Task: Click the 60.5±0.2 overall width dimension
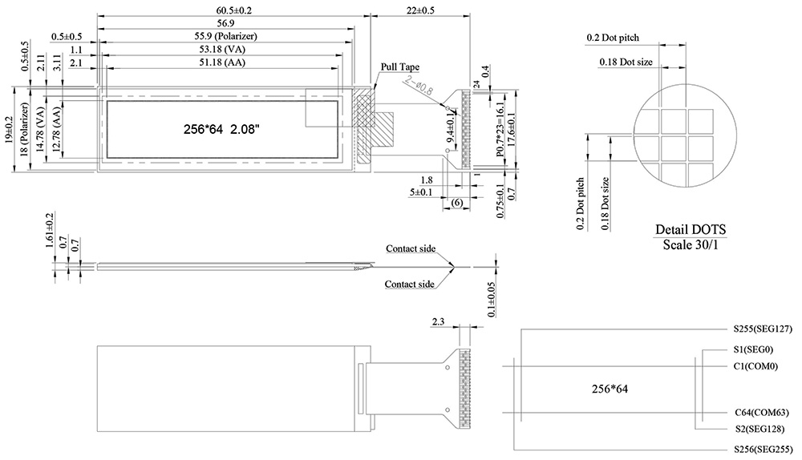(x=233, y=9)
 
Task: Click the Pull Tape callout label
(x=400, y=67)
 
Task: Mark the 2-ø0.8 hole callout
(x=420, y=86)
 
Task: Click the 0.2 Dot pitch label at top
(x=614, y=38)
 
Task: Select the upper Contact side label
(x=411, y=249)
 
